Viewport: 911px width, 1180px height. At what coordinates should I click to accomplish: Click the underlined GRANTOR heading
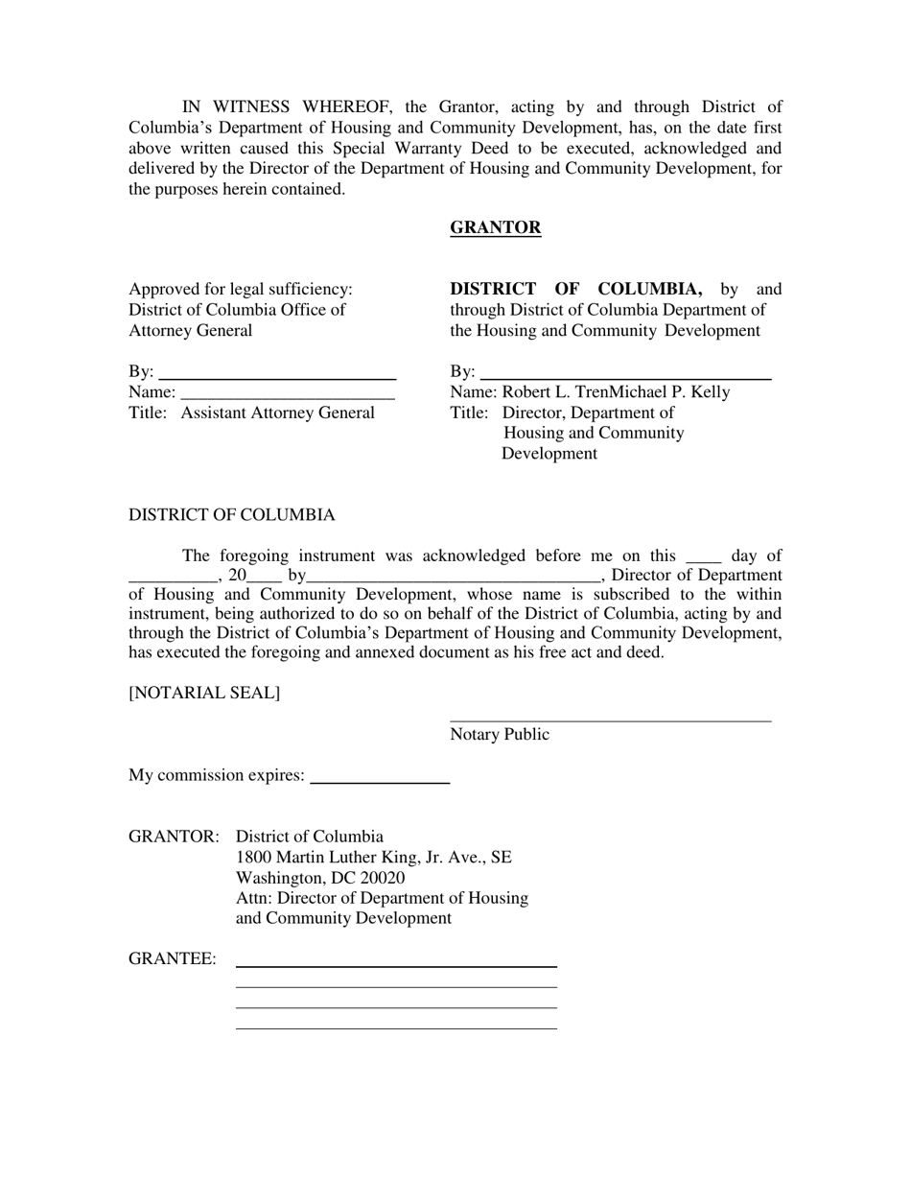pos(495,227)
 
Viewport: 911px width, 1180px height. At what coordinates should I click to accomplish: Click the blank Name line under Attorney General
pos(287,396)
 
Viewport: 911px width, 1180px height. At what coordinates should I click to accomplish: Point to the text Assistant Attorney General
pos(277,413)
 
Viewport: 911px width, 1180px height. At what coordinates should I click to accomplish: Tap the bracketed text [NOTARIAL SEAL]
pos(204,693)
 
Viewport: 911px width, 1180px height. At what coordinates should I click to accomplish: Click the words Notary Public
pos(500,735)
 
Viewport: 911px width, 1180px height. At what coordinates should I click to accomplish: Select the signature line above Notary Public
pos(610,720)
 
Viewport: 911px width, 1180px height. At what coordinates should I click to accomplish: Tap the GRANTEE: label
pos(173,959)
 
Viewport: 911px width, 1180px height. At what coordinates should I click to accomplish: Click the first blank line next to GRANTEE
pos(396,965)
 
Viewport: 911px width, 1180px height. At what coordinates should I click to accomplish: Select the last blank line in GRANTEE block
pos(396,1027)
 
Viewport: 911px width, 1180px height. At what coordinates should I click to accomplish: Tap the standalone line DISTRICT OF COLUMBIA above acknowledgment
pos(232,515)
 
